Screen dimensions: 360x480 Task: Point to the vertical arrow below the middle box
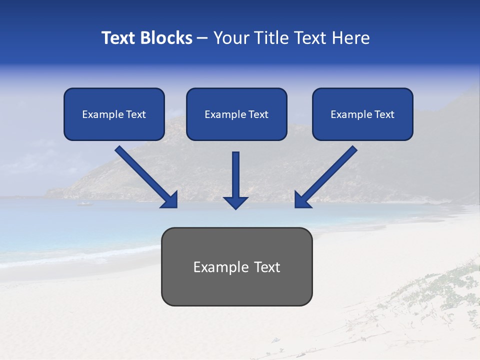[235, 175]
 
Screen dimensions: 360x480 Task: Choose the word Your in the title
[231, 38]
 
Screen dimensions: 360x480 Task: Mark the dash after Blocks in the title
[202, 38]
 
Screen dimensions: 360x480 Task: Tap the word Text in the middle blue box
[258, 114]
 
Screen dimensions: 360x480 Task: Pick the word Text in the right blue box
[384, 114]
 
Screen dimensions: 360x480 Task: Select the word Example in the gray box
[221, 267]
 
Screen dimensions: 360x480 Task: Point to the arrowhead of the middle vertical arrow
[235, 202]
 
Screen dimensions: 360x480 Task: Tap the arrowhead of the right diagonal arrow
[301, 200]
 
